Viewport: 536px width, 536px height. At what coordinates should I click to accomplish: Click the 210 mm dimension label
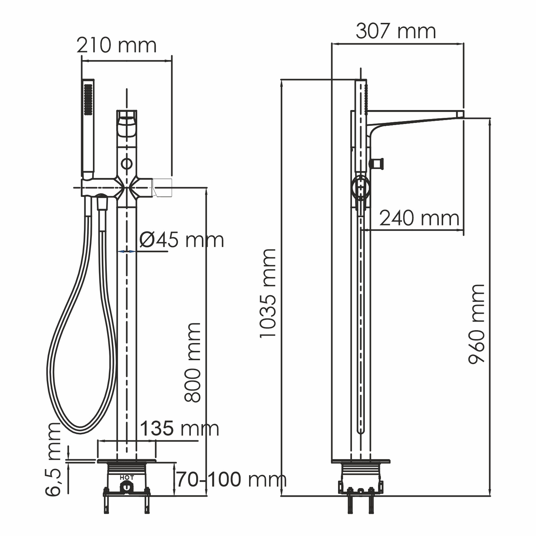[x=116, y=46]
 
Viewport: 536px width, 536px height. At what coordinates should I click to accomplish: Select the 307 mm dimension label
[x=396, y=31]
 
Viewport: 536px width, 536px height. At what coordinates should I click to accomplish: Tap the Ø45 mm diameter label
[x=182, y=240]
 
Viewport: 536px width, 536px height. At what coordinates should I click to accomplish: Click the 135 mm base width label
[x=179, y=428]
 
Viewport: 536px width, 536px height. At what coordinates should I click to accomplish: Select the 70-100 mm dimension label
[x=232, y=479]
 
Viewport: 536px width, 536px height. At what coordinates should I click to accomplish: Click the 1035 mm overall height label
[x=268, y=293]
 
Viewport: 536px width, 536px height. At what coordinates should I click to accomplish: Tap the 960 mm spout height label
[x=477, y=324]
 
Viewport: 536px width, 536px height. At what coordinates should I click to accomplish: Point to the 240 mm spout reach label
[x=419, y=218]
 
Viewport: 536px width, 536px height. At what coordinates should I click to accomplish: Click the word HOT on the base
[x=127, y=477]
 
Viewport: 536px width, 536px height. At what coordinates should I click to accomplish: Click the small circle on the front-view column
[x=126, y=164]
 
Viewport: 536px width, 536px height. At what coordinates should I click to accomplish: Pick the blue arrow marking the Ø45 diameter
[x=126, y=252]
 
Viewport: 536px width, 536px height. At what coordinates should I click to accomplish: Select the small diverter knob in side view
[x=377, y=163]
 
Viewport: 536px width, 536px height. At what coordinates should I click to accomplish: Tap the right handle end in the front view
[x=163, y=188]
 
